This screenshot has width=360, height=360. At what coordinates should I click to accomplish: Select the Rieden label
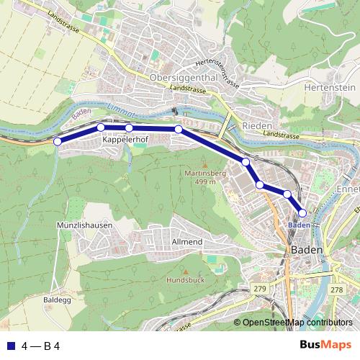[x=258, y=125]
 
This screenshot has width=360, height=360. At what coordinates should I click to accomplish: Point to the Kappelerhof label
[x=127, y=141]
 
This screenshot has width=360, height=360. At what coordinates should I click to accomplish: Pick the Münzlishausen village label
[x=84, y=225]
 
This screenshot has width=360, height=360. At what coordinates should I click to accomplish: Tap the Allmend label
[x=186, y=242]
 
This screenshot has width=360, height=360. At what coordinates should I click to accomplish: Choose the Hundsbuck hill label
[x=185, y=279]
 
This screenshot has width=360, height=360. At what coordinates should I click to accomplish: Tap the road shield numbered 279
[x=260, y=289]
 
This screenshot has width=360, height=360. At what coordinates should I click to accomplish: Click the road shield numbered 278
[x=336, y=289]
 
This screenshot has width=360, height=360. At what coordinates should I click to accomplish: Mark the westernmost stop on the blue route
[x=58, y=141]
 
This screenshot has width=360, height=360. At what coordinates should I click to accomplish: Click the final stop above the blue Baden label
[x=302, y=212]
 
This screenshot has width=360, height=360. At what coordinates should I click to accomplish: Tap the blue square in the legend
[x=10, y=345]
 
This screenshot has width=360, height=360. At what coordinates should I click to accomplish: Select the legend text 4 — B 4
[x=40, y=345]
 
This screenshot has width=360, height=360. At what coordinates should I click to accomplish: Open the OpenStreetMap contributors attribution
[x=297, y=323]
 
